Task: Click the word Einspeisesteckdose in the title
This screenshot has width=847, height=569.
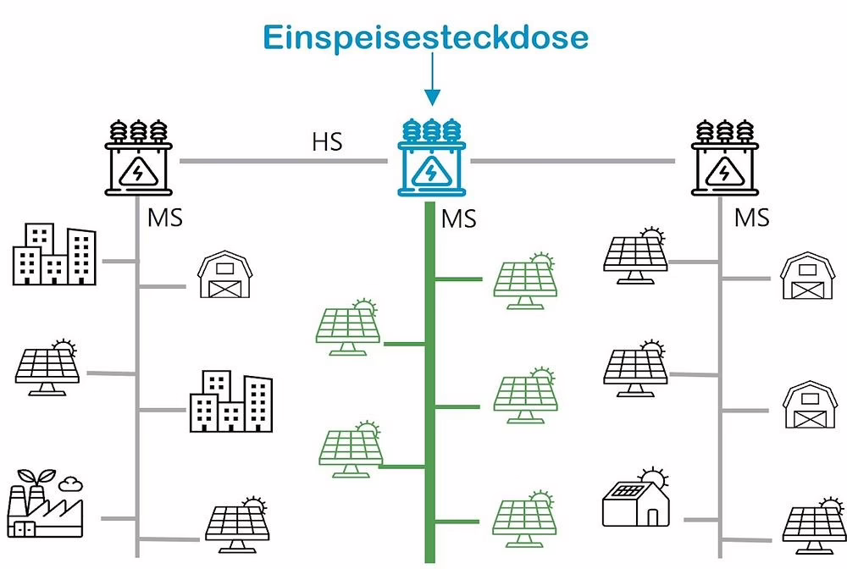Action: (425, 37)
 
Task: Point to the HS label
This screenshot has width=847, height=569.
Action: (326, 141)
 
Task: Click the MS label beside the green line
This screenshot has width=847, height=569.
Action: (458, 218)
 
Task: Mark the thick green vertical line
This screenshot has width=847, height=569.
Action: (429, 381)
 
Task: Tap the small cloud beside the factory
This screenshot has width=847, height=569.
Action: (72, 483)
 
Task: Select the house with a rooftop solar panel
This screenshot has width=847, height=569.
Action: (635, 500)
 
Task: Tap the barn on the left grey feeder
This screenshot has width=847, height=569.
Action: (224, 275)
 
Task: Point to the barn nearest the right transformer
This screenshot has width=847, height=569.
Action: (807, 275)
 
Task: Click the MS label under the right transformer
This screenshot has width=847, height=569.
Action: (751, 218)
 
